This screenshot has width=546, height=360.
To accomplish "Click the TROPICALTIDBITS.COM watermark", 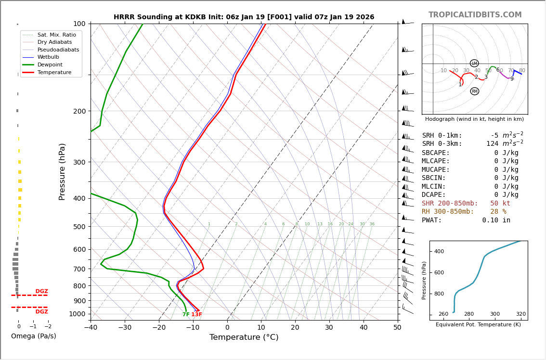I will coord(475,15).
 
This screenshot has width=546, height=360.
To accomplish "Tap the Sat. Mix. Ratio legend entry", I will coord(56,35).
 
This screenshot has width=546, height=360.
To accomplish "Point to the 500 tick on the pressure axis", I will coord(79,227).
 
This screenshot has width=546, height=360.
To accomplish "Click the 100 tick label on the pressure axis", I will coord(79,24).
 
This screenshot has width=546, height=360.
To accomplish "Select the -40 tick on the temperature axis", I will coord(91,328).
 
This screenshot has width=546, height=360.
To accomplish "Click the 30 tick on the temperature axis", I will coord(329,328).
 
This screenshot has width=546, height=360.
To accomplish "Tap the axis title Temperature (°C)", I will coord(244,337).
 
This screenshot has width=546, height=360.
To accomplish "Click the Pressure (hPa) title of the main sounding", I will coord(62,171).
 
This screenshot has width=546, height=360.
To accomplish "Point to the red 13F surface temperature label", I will coord(196,315).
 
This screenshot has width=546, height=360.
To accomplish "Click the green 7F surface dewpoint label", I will coord(186,315).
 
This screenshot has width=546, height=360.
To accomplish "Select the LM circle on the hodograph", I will coord(474,64).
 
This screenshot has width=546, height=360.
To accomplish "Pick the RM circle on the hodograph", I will coord(475,91).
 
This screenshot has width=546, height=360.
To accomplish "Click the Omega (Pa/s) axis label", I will coord(34,336).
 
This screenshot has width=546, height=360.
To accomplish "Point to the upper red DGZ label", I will coord(42,291).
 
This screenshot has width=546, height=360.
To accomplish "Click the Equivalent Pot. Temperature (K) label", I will coord(478,324).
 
